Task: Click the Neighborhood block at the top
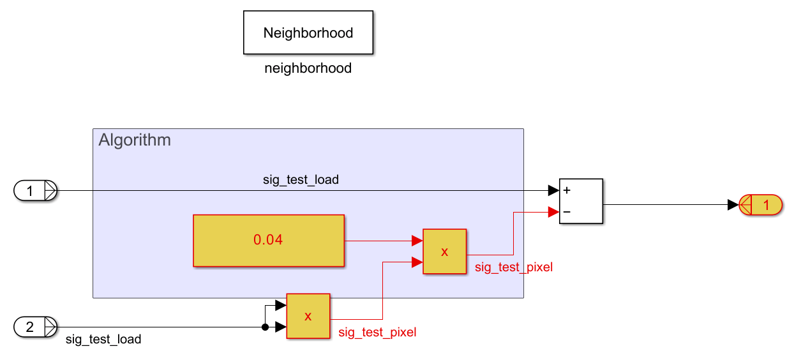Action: [308, 33]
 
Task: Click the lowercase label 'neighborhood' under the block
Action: [308, 68]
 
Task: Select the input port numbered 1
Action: [36, 190]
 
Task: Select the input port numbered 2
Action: [36, 327]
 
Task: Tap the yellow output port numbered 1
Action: [761, 205]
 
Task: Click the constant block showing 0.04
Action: [269, 240]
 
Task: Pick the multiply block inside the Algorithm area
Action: [444, 251]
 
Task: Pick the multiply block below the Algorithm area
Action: [308, 316]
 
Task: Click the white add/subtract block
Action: [581, 201]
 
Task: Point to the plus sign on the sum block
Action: [566, 190]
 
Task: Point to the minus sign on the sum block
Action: [566, 212]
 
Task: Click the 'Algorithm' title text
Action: [135, 140]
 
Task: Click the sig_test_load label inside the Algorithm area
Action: [301, 180]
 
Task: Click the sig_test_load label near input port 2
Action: [103, 340]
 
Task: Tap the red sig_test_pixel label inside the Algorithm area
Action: [513, 267]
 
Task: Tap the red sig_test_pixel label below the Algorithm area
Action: [377, 333]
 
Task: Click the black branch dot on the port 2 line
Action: [265, 328]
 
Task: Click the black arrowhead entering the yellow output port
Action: [733, 205]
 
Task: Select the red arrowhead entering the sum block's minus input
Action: [553, 212]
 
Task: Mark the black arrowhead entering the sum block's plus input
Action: [553, 190]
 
